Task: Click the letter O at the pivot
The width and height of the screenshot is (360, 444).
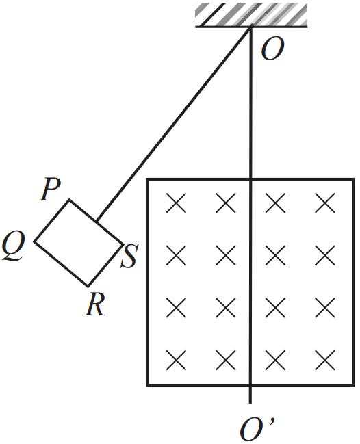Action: point(272,49)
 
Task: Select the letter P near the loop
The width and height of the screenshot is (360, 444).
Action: point(51,190)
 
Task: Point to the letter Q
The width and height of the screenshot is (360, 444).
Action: point(13,248)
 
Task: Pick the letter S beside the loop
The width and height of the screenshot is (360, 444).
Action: point(129,257)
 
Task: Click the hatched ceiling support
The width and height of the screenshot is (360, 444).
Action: point(251,15)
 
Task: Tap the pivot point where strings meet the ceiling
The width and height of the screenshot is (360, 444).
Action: point(250,27)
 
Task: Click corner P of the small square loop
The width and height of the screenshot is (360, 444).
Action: point(69,200)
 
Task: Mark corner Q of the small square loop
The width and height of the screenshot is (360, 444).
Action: point(34,241)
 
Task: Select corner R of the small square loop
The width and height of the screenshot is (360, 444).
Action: point(88,285)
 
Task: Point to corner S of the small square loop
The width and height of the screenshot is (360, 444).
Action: point(123,244)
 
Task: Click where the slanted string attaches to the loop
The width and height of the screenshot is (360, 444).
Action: point(97,221)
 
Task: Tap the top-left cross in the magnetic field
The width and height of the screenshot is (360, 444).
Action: point(176,203)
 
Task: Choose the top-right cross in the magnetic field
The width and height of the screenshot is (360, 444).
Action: point(325,203)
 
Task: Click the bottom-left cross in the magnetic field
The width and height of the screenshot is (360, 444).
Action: point(176,360)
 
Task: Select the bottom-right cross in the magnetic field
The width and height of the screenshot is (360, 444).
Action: point(325,360)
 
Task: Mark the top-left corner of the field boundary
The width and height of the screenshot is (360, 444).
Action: point(147,179)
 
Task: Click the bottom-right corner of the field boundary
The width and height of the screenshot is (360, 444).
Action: point(354,385)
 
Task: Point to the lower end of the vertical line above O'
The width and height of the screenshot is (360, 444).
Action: point(250,403)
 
